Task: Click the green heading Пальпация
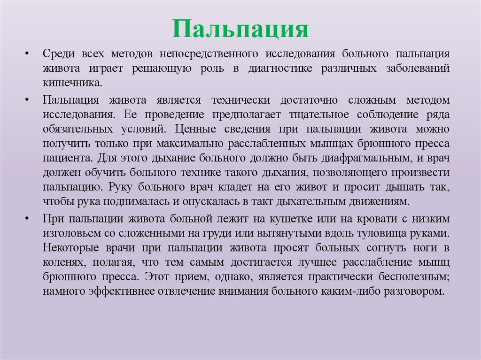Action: point(240,29)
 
